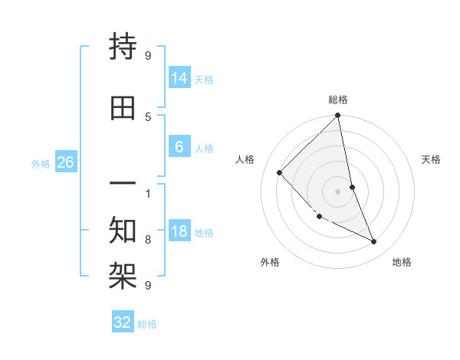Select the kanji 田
(123, 108)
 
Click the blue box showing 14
(179, 77)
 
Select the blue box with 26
(65, 162)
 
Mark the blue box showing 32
(123, 322)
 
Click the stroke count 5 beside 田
(148, 116)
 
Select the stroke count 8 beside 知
(148, 239)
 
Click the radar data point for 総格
(337, 116)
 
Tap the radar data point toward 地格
(373, 242)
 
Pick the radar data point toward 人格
(280, 172)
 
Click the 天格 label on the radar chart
(431, 159)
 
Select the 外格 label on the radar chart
(270, 263)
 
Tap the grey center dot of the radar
(337, 191)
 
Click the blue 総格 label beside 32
(147, 324)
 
